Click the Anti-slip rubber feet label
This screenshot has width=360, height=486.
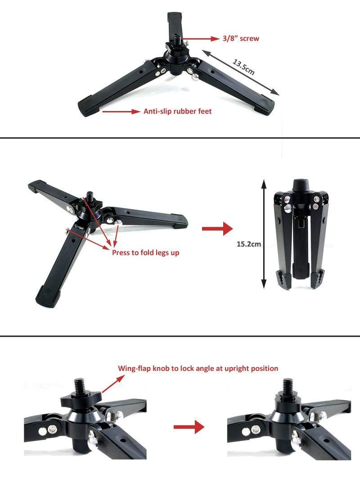click(177, 111)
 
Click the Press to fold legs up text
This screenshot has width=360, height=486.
click(145, 253)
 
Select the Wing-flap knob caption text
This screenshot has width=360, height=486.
click(198, 368)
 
